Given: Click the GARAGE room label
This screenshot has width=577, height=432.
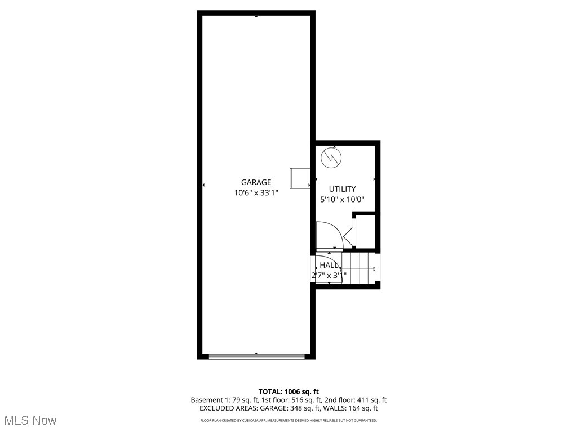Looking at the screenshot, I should [256, 182].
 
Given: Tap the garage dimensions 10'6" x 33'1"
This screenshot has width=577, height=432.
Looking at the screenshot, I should [256, 193].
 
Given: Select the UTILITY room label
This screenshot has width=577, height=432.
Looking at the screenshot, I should [343, 190].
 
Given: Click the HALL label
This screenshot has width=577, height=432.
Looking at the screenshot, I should [329, 265].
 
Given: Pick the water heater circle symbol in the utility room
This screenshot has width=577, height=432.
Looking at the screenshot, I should [331, 157].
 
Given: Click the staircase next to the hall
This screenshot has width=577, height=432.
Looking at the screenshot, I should [359, 269].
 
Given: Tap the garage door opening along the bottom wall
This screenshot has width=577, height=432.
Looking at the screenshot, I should [257, 356].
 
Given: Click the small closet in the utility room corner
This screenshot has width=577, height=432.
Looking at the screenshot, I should [365, 231].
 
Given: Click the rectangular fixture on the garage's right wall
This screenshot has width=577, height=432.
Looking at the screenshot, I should [299, 178].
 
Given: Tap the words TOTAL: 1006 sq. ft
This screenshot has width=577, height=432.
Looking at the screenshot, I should [288, 391].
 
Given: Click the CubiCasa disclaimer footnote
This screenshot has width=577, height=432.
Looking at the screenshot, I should [288, 420].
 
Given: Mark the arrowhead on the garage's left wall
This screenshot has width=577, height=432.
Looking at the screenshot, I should [203, 185].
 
